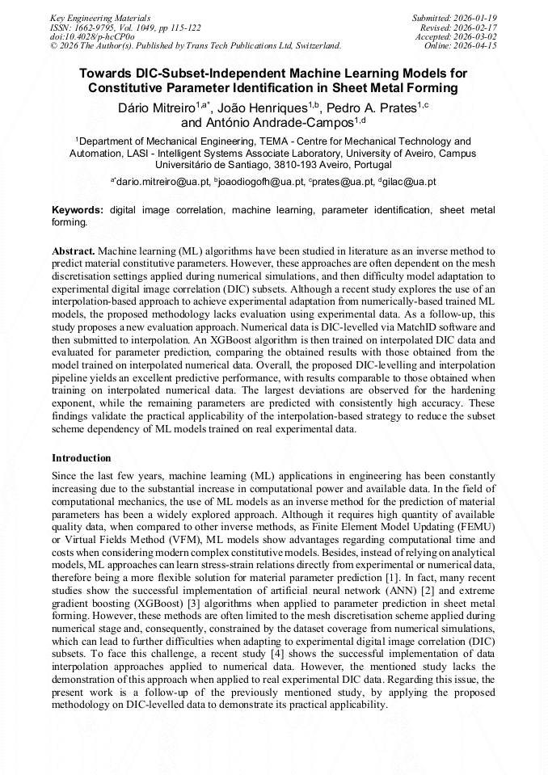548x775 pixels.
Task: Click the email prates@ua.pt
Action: click(x=341, y=182)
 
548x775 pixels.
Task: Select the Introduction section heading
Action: click(x=82, y=458)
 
